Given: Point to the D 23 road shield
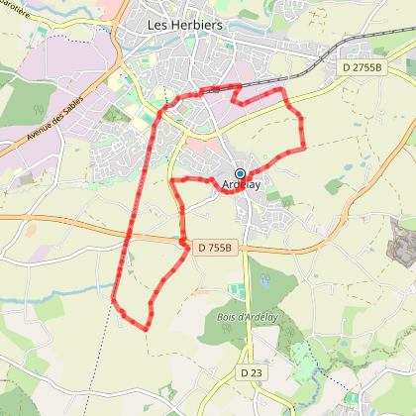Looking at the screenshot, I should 252,372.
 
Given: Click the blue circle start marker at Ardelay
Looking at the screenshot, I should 240,173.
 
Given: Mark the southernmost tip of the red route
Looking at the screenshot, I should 148,329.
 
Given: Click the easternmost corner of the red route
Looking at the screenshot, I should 303,147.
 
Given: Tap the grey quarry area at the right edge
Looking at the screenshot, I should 403,238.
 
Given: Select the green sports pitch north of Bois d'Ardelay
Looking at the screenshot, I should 236,290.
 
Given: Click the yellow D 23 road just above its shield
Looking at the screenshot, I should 251,352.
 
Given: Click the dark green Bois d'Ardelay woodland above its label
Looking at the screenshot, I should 272,292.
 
